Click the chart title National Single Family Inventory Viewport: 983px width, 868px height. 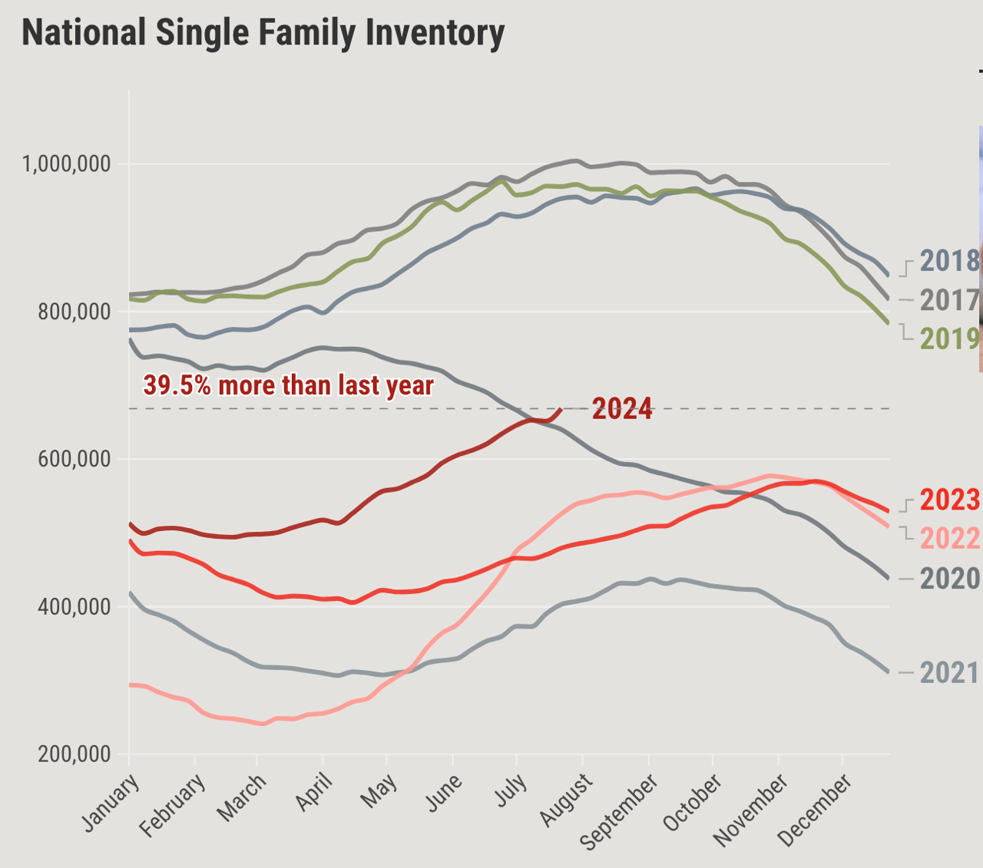pos(263,33)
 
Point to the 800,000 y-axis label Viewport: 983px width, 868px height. pos(73,312)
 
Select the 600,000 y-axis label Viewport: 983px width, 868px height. pos(73,460)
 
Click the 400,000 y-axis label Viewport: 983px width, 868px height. pos(73,607)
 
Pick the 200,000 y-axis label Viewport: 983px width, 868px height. pos(73,754)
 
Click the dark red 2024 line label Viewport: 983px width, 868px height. pos(622,409)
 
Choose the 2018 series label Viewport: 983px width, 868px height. pos(950,261)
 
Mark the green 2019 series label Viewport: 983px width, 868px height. pos(950,338)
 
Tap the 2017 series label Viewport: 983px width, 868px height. pos(950,300)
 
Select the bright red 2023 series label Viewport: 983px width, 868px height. pos(950,500)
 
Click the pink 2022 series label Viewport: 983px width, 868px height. pos(950,539)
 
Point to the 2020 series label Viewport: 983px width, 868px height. pos(950,578)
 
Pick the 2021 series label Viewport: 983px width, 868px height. pos(950,673)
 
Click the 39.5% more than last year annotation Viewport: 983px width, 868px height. pos(289,385)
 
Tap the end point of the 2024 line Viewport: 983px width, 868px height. pos(561,410)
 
